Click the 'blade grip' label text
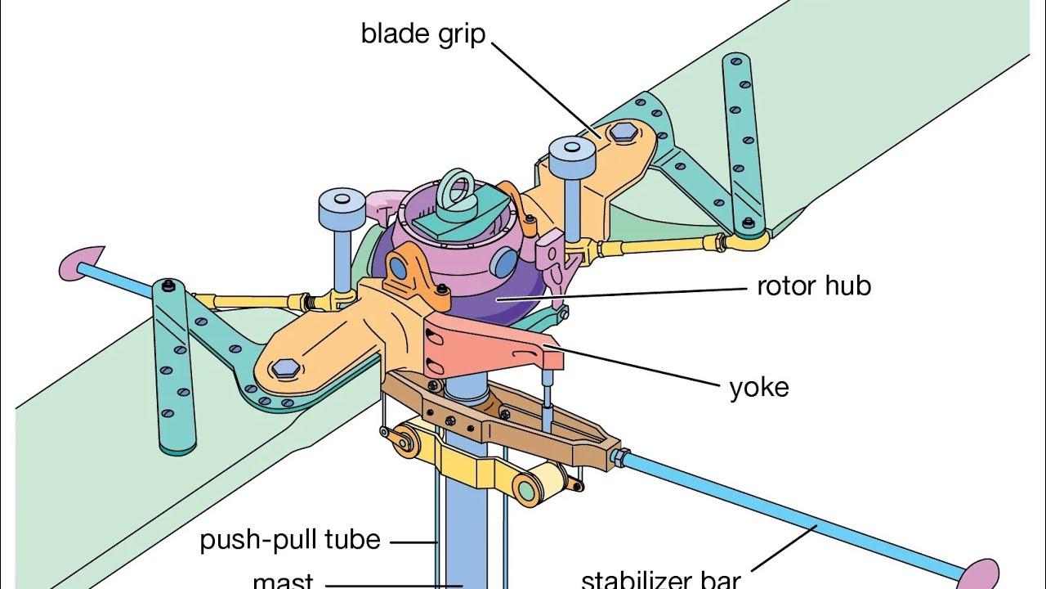pyautogui.click(x=423, y=34)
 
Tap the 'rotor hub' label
pyautogui.click(x=813, y=286)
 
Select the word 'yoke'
pyautogui.click(x=758, y=386)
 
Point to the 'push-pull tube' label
pyautogui.click(x=290, y=540)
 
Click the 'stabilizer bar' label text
pyautogui.click(x=660, y=579)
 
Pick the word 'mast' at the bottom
pyautogui.click(x=283, y=580)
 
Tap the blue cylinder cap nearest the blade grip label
pyautogui.click(x=570, y=155)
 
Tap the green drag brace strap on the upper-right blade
pyautogui.click(x=742, y=147)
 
